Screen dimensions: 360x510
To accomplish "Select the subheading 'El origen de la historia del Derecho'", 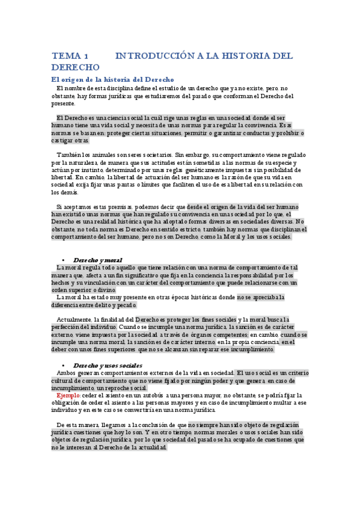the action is click(x=112, y=79).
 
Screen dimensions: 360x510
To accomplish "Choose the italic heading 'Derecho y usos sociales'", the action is click(x=107, y=365).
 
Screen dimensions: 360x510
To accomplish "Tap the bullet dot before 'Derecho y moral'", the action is click(x=63, y=260).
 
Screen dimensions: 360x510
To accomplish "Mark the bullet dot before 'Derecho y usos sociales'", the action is click(x=63, y=366).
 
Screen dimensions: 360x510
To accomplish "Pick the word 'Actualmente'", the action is click(x=75, y=319).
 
